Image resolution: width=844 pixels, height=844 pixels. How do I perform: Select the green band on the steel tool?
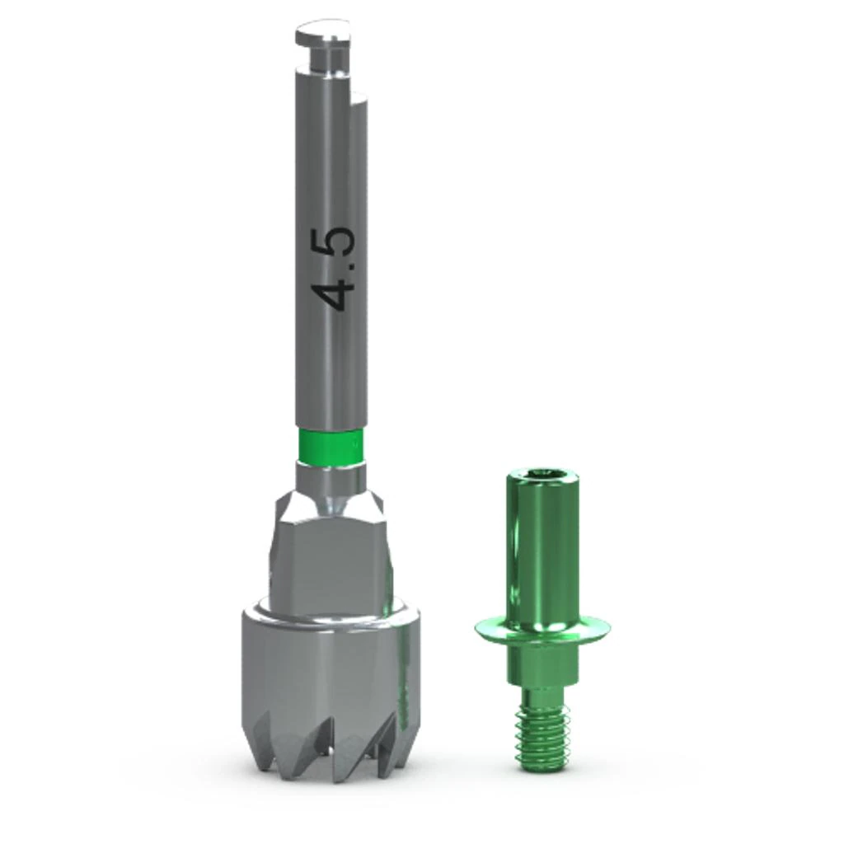(x=330, y=445)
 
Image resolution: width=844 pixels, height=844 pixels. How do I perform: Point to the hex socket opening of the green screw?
(x=544, y=474)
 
